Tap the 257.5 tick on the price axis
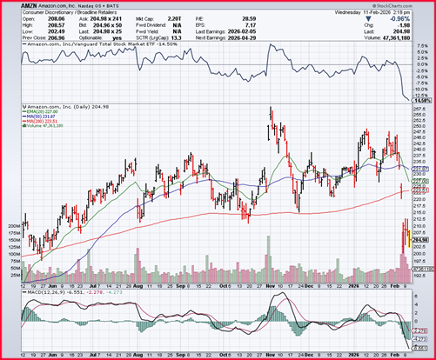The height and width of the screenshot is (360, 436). (x=418, y=110)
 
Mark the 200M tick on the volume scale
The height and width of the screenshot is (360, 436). (x=13, y=225)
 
